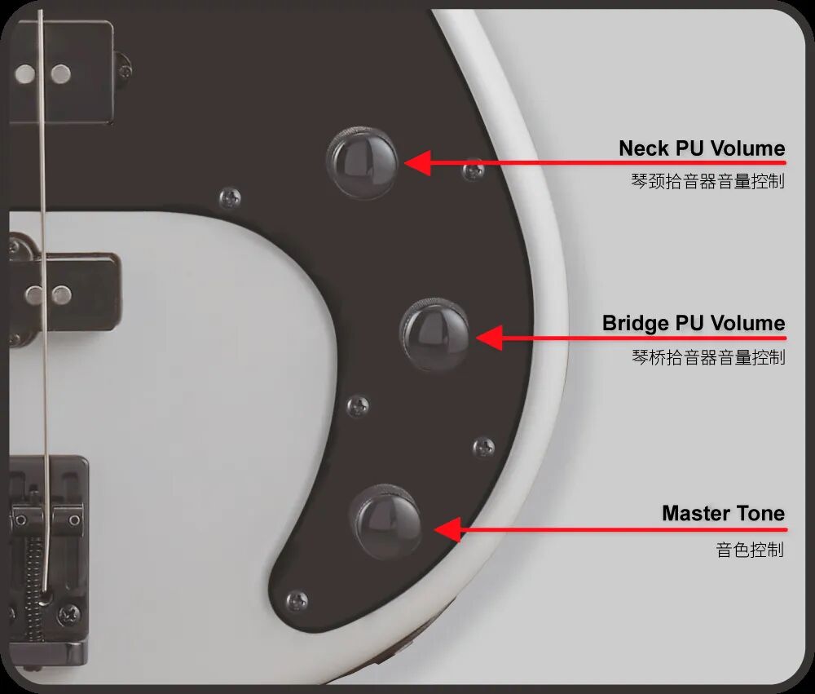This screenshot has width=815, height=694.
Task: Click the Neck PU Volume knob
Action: tap(363, 162)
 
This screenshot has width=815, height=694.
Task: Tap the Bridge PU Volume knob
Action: tap(435, 334)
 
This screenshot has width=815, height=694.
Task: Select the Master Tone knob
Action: tap(386, 521)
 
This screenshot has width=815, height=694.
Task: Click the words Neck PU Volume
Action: tap(702, 148)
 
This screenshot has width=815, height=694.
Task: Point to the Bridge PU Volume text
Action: tap(694, 323)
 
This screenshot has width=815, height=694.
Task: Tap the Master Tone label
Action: tap(723, 513)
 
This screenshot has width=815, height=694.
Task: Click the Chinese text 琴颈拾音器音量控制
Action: tap(707, 181)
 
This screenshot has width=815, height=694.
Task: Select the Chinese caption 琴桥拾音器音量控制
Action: tap(708, 357)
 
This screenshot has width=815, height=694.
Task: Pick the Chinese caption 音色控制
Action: tap(750, 550)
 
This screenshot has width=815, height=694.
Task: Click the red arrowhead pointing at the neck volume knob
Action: tap(417, 163)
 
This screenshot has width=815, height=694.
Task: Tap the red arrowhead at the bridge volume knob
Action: tap(489, 338)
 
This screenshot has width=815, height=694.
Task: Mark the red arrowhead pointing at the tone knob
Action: tap(447, 529)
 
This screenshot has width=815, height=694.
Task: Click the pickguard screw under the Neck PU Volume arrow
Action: tap(473, 170)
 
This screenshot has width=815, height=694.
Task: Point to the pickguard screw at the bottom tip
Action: tap(297, 601)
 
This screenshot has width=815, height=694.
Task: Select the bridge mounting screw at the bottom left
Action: tap(68, 616)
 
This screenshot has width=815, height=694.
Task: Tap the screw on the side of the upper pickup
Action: tap(124, 69)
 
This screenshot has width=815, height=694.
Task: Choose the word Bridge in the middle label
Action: tap(635, 324)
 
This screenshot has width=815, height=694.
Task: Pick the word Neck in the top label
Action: tap(644, 148)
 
